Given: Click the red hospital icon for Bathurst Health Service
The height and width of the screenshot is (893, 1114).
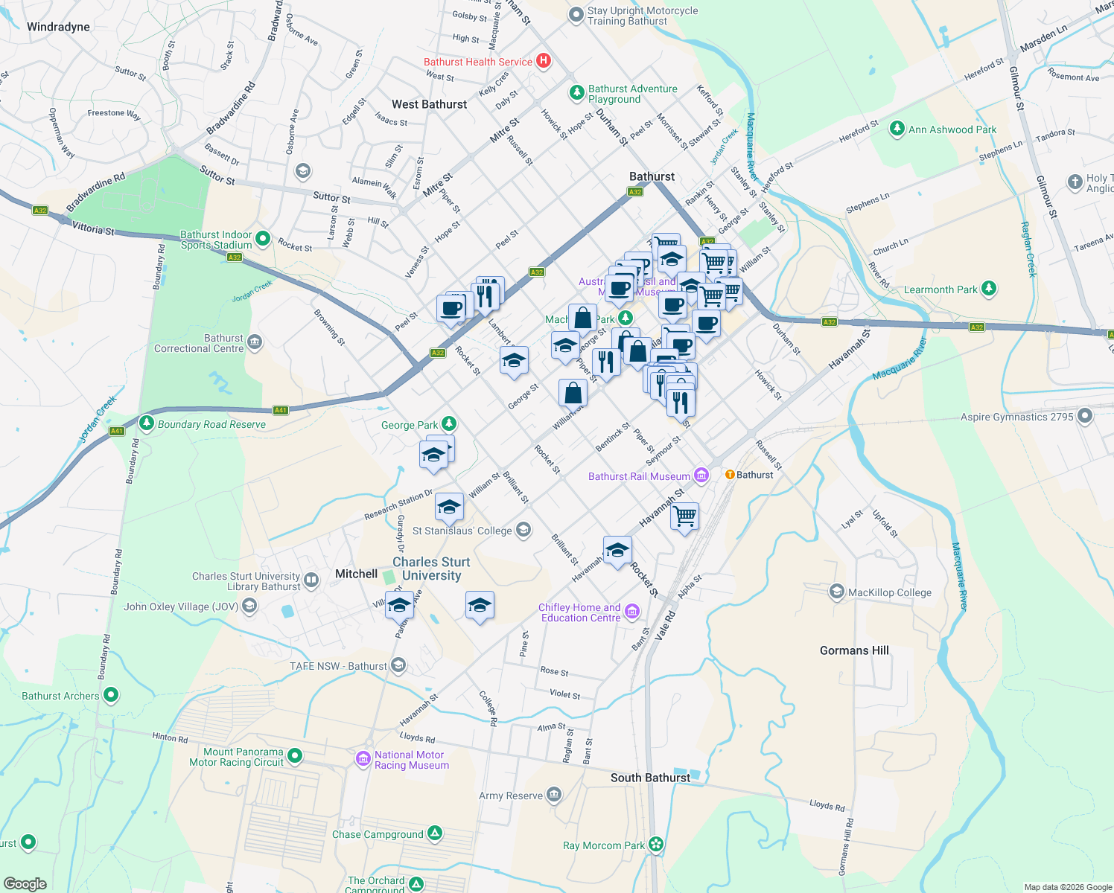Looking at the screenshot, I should point(544,61).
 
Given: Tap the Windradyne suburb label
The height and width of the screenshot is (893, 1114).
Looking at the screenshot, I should point(58,27).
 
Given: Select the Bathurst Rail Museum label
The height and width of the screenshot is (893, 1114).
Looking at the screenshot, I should point(639,476).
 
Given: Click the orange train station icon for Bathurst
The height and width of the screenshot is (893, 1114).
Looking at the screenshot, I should point(730,475).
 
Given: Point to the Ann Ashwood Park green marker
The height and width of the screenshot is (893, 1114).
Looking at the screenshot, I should point(897,129).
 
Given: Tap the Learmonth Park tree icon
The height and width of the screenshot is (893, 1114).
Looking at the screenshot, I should point(988,289).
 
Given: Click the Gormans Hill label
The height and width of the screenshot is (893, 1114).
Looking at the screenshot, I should point(854,650).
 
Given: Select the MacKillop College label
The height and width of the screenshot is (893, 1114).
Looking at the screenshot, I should point(889,592).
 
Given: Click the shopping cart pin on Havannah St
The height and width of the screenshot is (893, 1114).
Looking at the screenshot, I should point(684,515).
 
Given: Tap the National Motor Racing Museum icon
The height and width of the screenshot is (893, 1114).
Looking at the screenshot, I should point(363,758).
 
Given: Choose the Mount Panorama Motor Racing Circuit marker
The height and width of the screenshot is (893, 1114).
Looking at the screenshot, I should point(295,756).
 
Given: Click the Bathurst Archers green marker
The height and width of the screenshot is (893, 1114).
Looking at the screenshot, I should point(111,695).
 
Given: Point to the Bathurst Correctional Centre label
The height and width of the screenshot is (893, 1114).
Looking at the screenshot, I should point(199,343).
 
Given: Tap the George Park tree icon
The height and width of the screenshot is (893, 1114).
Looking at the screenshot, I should point(448,424).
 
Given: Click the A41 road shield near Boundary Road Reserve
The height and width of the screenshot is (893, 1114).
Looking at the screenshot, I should point(117,431).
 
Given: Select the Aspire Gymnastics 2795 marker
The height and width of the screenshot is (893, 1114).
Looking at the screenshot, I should point(1085,416).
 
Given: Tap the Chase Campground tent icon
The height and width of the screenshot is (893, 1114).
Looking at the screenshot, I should point(435,833).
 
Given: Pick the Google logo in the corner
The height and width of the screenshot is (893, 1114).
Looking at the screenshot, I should point(25,883).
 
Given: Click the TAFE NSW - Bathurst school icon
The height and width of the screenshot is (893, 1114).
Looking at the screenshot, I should point(398,665).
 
